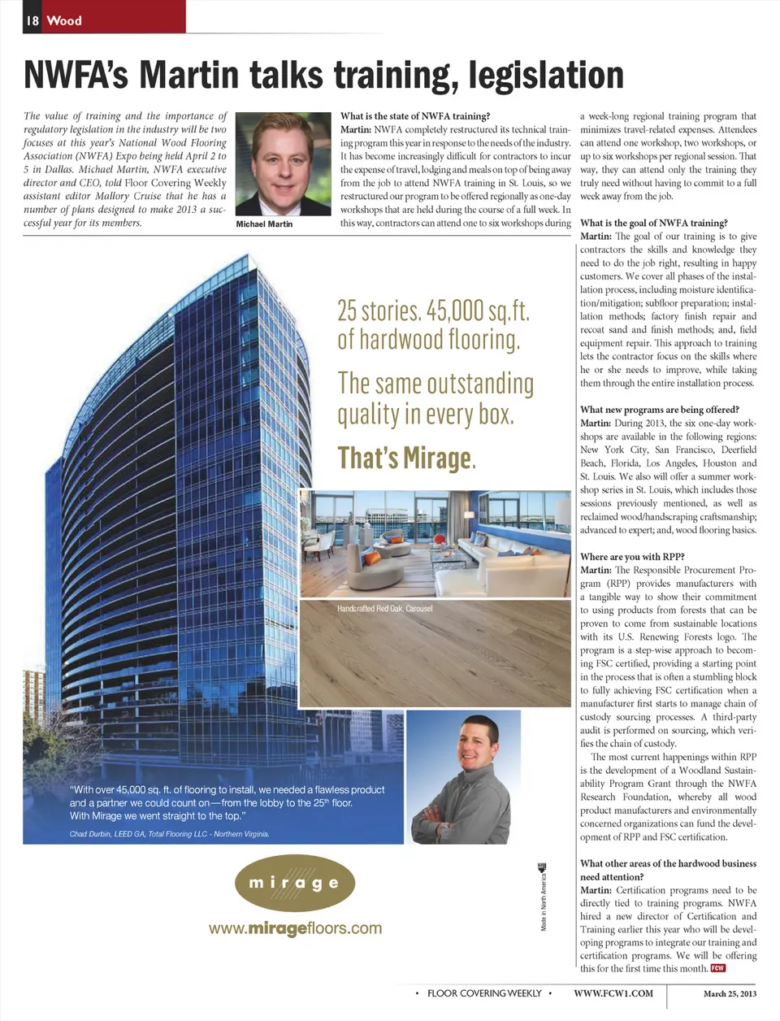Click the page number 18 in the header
coord(32,20)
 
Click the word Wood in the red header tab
coord(64,20)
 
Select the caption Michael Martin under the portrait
coord(264,224)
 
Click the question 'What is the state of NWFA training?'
coord(414,116)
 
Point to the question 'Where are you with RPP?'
coord(632,557)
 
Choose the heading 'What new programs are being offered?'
coord(659,410)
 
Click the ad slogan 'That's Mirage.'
coord(406,458)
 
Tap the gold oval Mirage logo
coord(294,883)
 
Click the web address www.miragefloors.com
coord(295,928)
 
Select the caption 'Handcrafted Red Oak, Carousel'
coord(384,608)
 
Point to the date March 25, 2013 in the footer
coord(730,993)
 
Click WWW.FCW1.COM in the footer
coord(613,993)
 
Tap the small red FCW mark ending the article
coord(717,968)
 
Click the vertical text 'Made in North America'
coord(543,899)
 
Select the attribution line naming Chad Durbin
coord(169,834)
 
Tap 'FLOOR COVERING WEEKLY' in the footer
coord(484,993)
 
